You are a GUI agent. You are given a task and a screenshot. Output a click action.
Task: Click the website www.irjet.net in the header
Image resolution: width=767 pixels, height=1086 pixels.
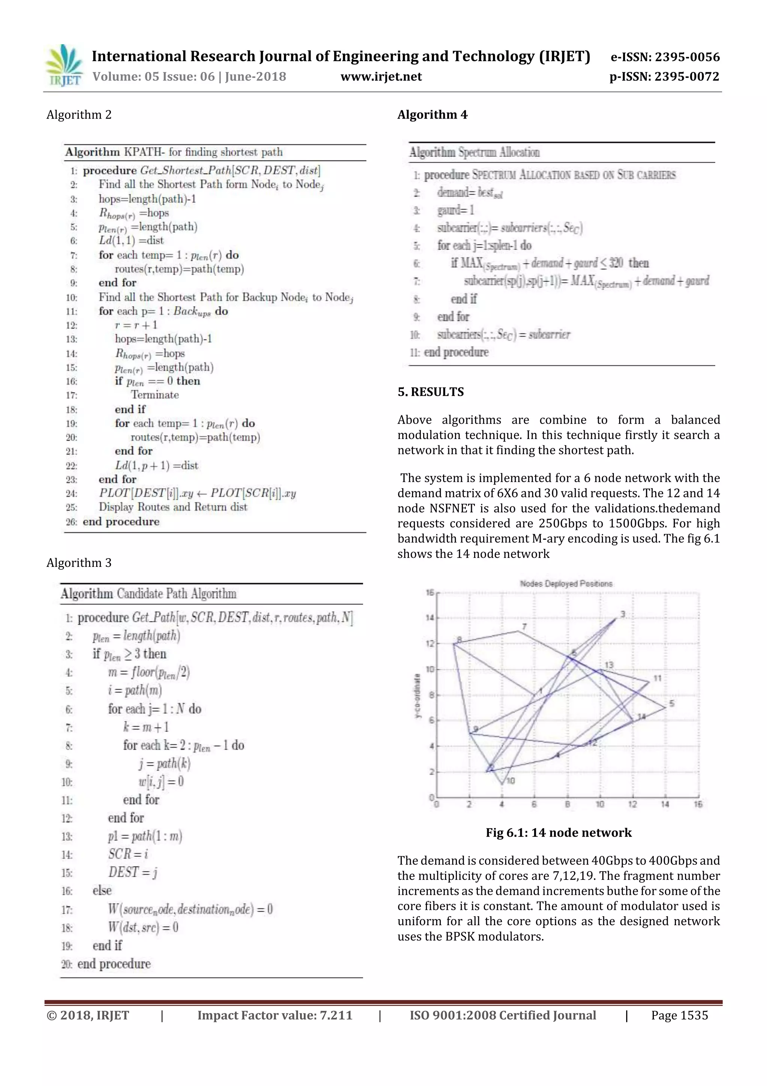(x=381, y=76)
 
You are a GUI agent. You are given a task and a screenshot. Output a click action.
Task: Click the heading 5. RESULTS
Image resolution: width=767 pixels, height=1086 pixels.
(x=431, y=392)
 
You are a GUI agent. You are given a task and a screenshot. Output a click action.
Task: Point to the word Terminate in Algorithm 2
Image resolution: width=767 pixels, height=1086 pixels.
(x=155, y=395)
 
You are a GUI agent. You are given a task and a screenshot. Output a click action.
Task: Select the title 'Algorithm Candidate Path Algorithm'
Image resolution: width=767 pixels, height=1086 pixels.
(x=148, y=594)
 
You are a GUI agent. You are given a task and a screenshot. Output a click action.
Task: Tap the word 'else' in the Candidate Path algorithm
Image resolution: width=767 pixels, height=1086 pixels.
(x=102, y=891)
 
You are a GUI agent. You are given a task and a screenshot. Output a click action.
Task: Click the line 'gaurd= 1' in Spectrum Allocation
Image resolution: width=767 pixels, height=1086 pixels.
(x=455, y=210)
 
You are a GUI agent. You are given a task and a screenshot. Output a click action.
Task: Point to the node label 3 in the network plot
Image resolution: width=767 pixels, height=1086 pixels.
(x=623, y=614)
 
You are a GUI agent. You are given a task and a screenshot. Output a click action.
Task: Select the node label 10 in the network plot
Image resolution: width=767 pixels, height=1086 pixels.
(x=511, y=780)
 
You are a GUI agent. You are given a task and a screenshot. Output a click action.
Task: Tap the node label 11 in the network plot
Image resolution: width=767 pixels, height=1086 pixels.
(x=657, y=678)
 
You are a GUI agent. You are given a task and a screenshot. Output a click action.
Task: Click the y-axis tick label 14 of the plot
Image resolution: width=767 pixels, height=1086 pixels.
(x=429, y=618)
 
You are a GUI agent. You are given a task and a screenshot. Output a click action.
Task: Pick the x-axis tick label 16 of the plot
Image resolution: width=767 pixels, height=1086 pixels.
(x=698, y=804)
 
